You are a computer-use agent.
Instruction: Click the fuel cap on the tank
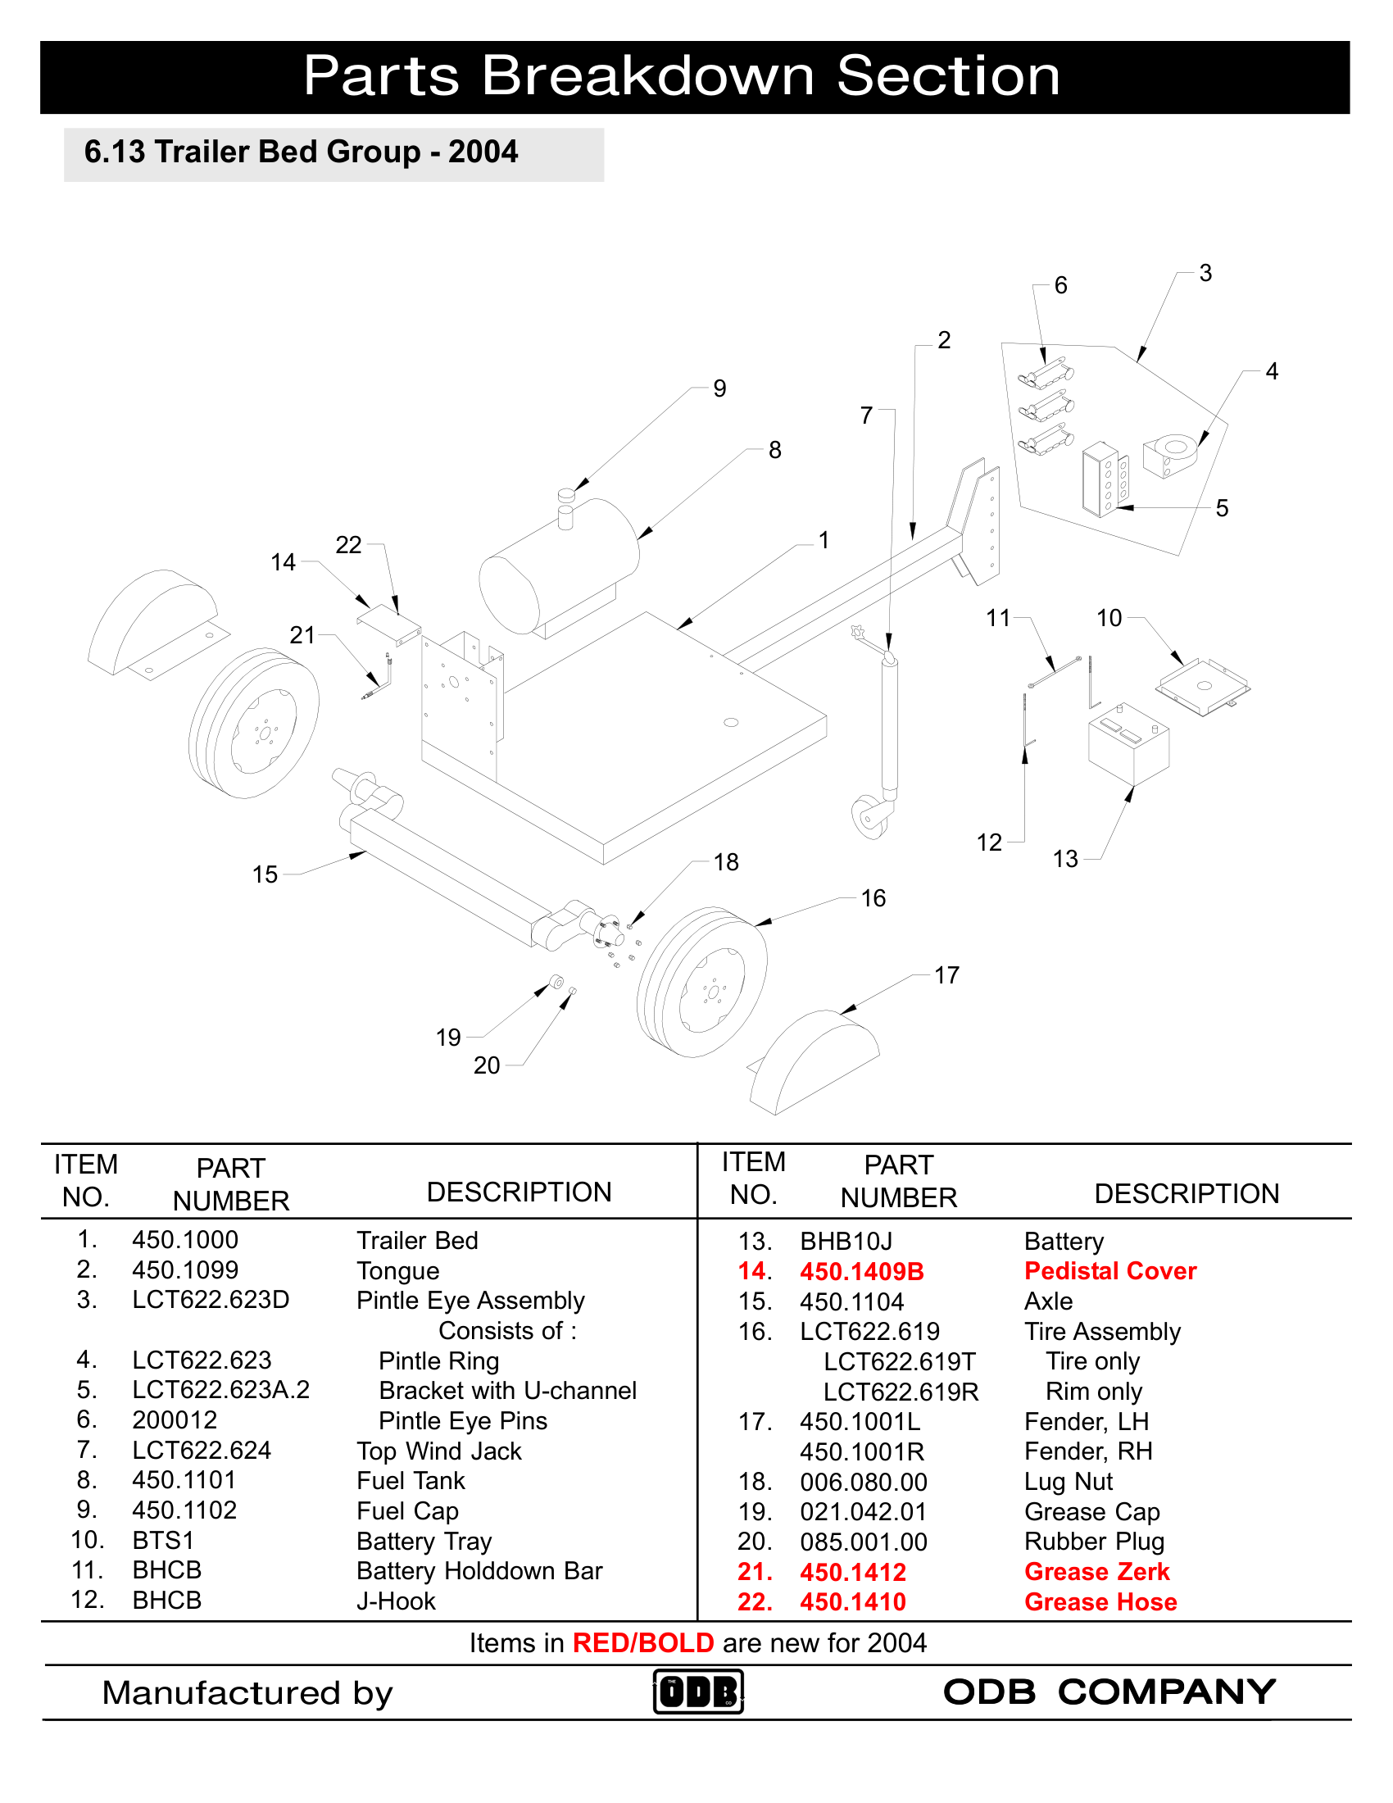[565, 496]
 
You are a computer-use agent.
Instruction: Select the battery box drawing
[1128, 744]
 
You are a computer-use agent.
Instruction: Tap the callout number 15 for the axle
[265, 875]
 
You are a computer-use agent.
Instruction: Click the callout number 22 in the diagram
[348, 545]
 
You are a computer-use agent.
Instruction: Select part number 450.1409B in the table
[861, 1271]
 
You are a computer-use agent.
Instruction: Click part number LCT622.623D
[211, 1301]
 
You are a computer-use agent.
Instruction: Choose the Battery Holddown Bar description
[479, 1571]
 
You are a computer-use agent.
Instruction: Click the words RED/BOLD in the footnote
[643, 1643]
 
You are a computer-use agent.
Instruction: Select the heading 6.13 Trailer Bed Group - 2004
[302, 152]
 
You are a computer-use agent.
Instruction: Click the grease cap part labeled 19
[557, 983]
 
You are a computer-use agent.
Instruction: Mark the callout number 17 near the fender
[946, 976]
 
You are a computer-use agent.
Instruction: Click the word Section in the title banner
[947, 76]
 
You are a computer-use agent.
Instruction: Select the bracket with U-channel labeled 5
[1105, 479]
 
